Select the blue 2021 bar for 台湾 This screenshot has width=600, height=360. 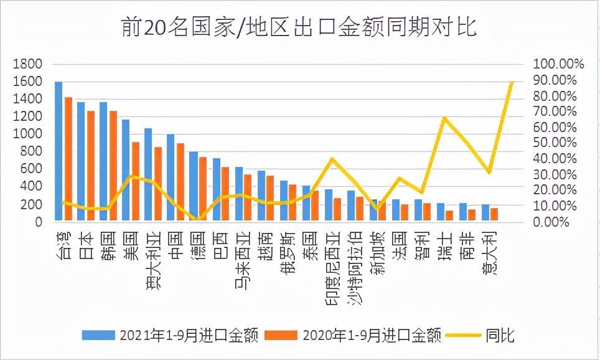click(59, 151)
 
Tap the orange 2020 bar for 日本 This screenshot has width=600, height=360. click(91, 166)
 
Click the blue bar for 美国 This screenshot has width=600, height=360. click(126, 170)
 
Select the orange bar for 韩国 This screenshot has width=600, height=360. click(113, 166)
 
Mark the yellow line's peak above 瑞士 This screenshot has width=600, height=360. click(444, 118)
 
